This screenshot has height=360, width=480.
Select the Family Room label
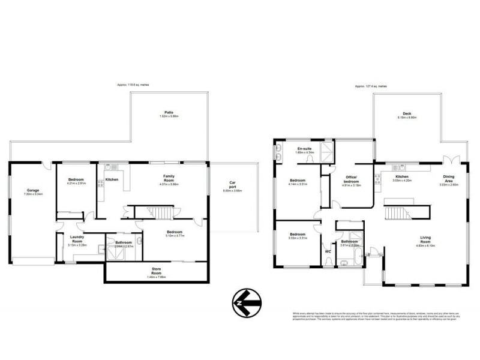(x=169, y=177)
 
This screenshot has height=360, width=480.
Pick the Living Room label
(x=425, y=239)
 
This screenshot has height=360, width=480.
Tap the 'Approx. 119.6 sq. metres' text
(x=133, y=86)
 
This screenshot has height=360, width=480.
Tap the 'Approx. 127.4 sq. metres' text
(x=370, y=86)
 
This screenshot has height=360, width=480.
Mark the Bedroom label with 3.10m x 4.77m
(x=175, y=233)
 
